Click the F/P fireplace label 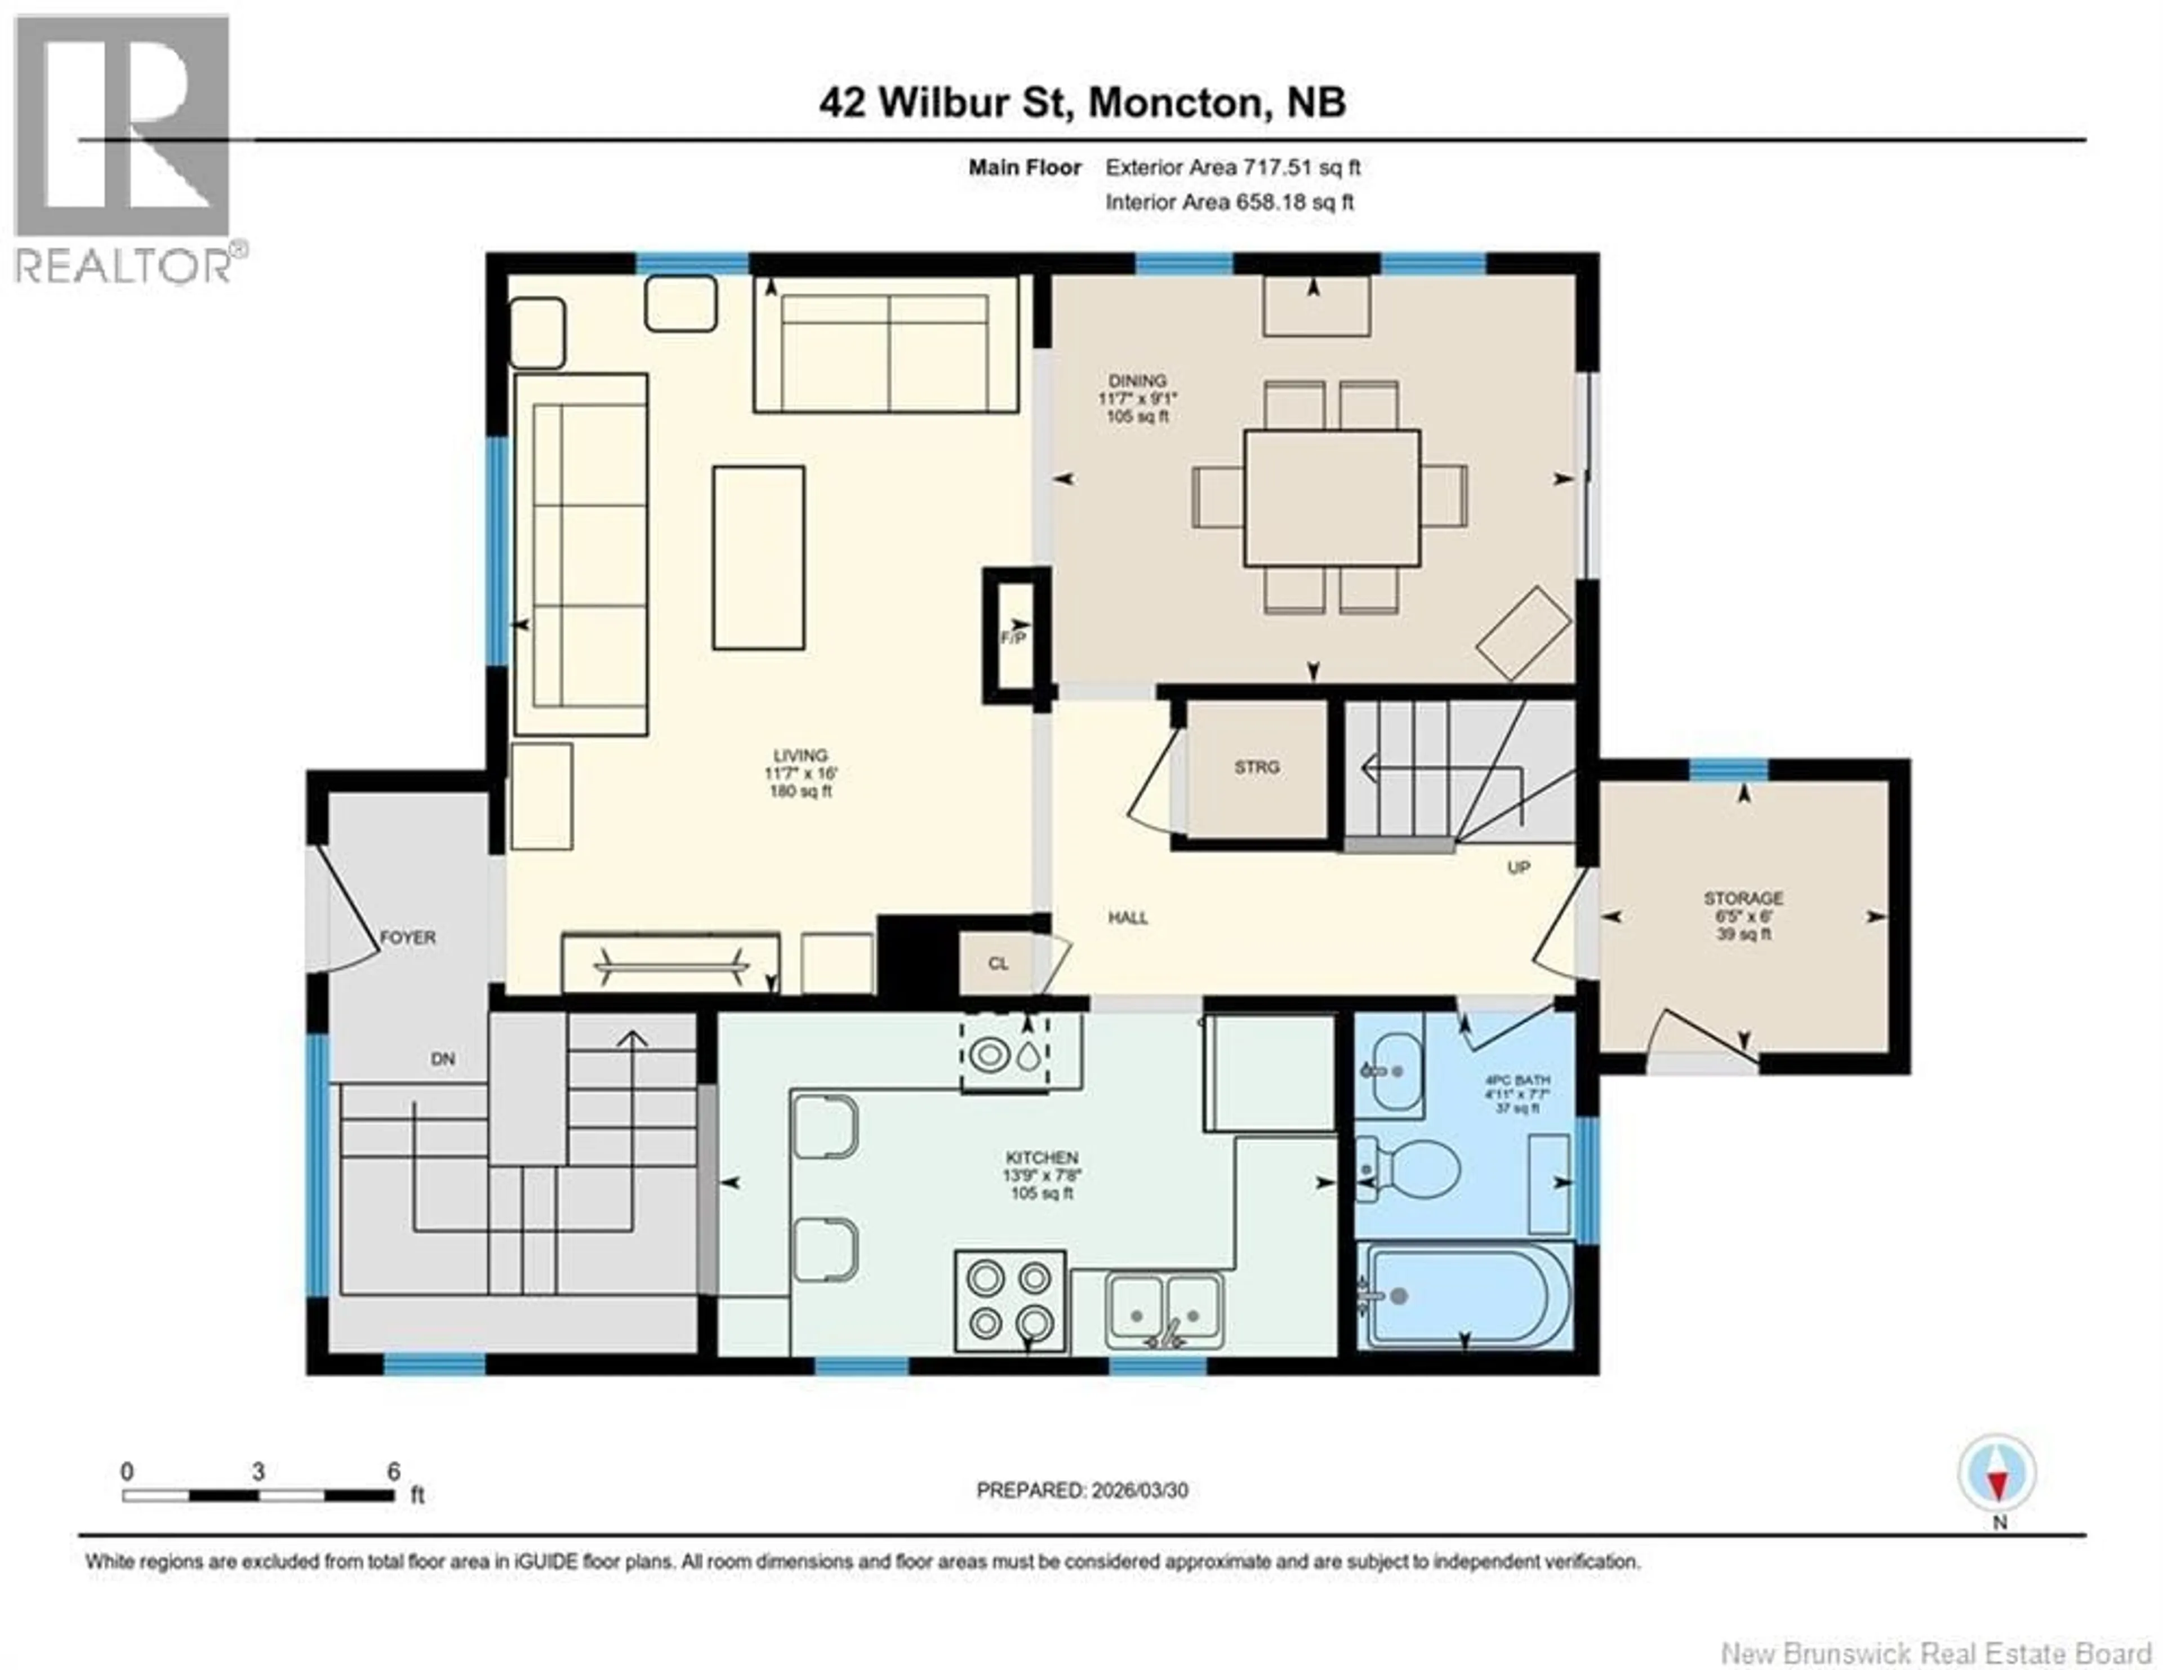point(1012,638)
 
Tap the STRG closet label point(1257,767)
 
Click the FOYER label point(408,937)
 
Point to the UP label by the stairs point(1518,868)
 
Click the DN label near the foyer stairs point(443,1059)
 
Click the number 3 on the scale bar point(259,1472)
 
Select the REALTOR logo point(125,149)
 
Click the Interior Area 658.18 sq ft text point(1229,202)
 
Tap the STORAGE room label point(1743,899)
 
